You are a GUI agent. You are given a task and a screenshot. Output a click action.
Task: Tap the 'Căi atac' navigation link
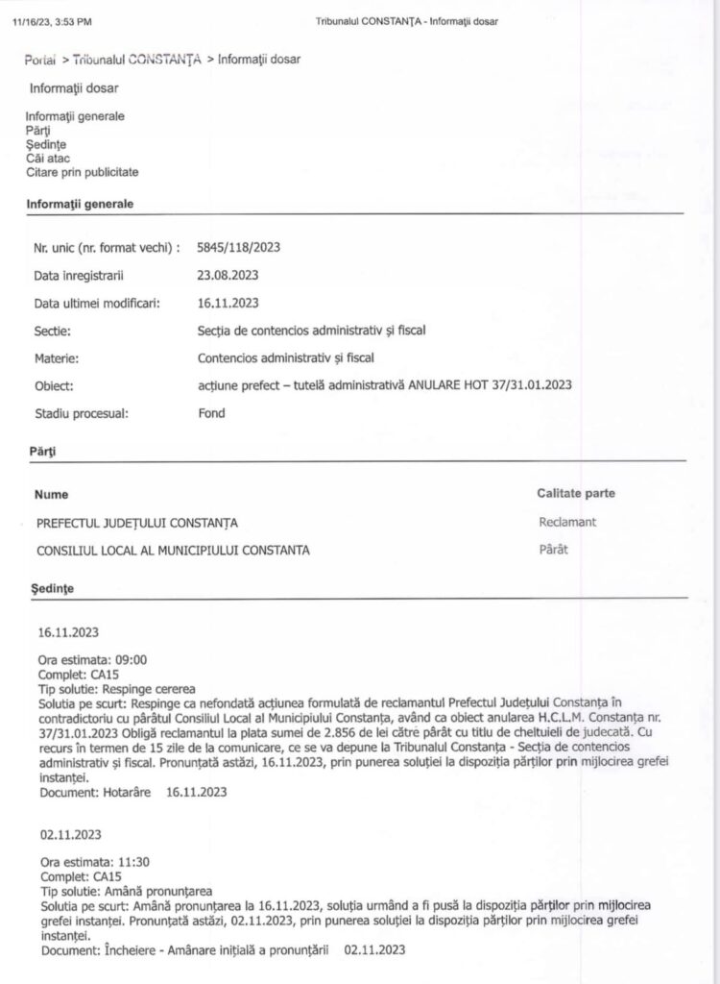[48, 158]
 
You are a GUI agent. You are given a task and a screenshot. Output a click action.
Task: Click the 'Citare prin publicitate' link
[83, 172]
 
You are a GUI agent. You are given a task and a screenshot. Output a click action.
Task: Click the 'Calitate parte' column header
[576, 494]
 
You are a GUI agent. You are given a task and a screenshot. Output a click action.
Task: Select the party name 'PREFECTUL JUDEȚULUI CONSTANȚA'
[137, 523]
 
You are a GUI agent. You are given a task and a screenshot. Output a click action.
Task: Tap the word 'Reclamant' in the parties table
[567, 523]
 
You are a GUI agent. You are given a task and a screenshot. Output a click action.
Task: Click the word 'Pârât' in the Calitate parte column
[554, 551]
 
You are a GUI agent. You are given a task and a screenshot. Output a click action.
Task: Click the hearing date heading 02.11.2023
[70, 834]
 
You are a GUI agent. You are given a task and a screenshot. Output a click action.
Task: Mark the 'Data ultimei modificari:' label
[96, 303]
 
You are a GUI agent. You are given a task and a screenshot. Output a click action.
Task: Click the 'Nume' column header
[52, 494]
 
